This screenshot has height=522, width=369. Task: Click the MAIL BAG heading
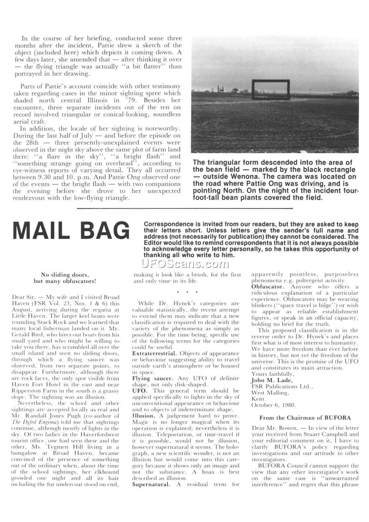(x=71, y=231)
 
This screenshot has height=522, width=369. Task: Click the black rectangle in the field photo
(x=271, y=89)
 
